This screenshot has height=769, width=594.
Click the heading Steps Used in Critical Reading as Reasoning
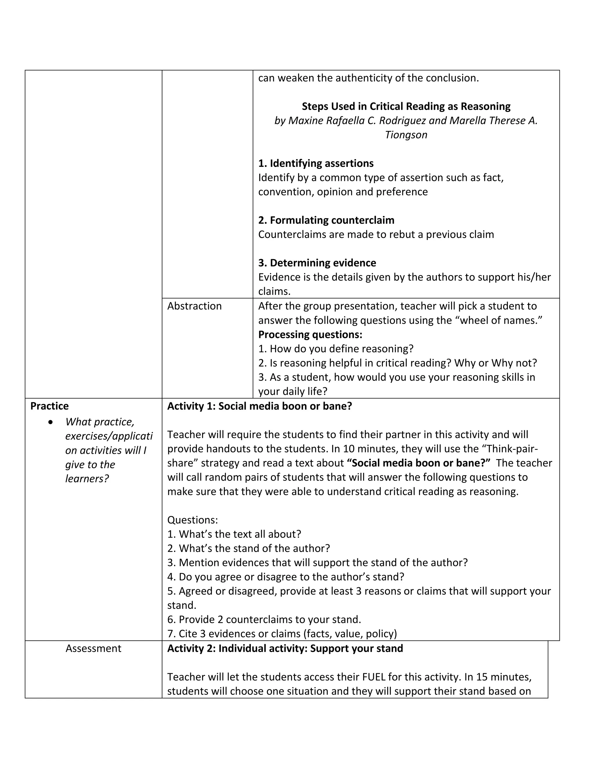click(406, 106)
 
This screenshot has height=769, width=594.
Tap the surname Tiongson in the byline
click(406, 135)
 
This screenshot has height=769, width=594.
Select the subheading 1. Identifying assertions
click(316, 163)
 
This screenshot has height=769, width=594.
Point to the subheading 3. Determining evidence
click(317, 263)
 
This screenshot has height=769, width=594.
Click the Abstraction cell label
click(194, 306)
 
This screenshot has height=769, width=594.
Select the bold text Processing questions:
click(310, 335)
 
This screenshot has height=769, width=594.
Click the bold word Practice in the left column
click(49, 406)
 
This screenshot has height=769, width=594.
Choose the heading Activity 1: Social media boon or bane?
click(259, 406)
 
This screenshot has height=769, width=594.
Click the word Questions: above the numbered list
click(193, 520)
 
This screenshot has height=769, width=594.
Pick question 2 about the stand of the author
click(249, 548)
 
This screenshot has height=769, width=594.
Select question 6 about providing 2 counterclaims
click(264, 619)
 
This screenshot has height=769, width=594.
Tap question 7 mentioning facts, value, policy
click(282, 633)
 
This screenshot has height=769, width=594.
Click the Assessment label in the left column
click(93, 648)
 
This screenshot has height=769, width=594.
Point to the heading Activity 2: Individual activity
click(285, 648)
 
